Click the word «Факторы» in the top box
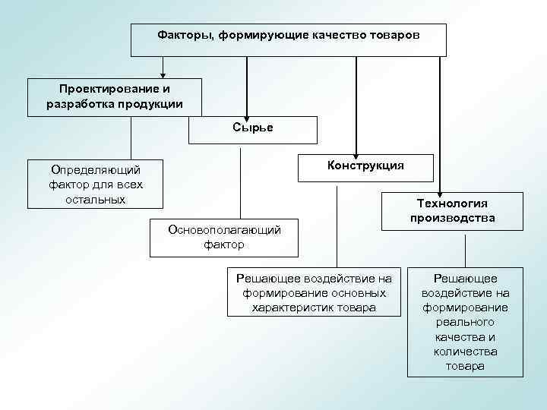click(x=184, y=35)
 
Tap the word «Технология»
click(x=452, y=203)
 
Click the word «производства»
click(x=452, y=218)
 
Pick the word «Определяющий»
click(x=95, y=170)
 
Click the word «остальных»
click(x=95, y=199)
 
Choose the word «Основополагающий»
click(x=224, y=230)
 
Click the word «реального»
click(x=465, y=322)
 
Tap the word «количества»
click(x=465, y=352)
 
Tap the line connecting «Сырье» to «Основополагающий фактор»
click(x=240, y=182)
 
